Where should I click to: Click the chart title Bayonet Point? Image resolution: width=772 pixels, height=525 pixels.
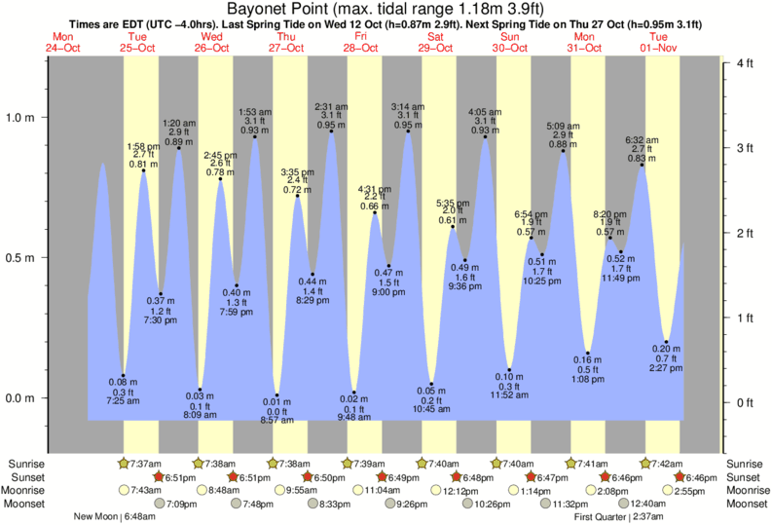click(385, 11)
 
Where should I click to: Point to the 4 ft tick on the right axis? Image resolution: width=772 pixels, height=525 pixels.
click(747, 63)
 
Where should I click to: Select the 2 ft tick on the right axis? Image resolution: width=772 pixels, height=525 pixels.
click(747, 233)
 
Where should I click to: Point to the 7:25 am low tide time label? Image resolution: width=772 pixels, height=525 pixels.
click(124, 400)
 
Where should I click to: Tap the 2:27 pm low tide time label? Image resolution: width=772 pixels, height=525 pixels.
click(666, 367)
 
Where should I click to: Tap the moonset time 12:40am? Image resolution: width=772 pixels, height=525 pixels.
click(645, 504)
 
